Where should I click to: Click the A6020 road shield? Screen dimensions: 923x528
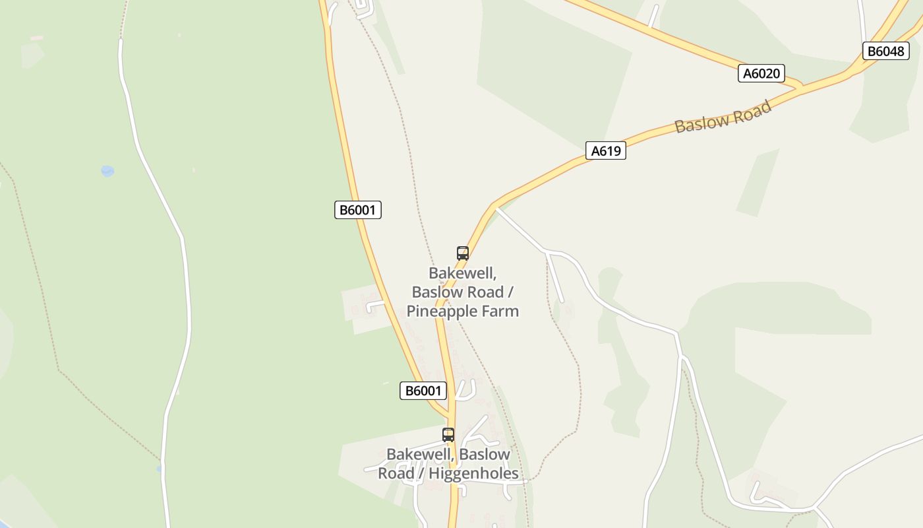tap(761, 73)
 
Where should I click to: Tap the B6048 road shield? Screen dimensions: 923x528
tap(885, 51)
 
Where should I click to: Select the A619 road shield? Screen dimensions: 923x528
tap(605, 151)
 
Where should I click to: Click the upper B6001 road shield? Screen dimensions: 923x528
tap(357, 211)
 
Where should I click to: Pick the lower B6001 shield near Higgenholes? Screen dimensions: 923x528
tap(423, 391)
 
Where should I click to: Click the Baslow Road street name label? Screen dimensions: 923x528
tap(723, 117)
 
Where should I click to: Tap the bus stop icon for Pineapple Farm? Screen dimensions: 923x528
tap(462, 253)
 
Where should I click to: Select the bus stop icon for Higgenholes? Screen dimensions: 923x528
tap(448, 434)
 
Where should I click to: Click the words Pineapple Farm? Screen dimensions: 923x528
tap(463, 311)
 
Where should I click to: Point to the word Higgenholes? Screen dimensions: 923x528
tap(473, 473)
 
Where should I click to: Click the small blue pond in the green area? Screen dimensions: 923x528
tap(107, 171)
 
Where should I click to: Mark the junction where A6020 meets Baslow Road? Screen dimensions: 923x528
tap(800, 87)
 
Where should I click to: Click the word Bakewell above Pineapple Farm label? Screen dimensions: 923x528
tap(461, 273)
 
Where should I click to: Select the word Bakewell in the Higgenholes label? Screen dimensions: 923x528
tap(419, 454)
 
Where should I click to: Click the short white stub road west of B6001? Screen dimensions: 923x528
tap(374, 304)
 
